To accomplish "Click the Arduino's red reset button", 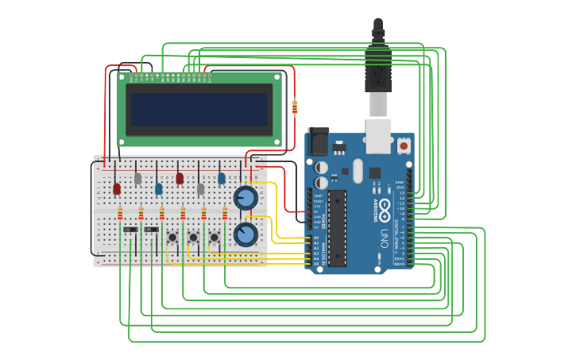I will tap(404, 145).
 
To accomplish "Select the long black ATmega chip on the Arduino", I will tap(337, 227).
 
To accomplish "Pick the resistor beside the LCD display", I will tap(295, 106).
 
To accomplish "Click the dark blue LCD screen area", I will tap(199, 110).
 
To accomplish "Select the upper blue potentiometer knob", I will tap(245, 197).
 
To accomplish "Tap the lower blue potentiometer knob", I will tap(245, 234).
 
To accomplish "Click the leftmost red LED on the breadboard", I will tap(117, 189).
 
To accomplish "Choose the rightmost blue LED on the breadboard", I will tap(222, 179).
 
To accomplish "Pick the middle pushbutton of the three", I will tap(193, 237).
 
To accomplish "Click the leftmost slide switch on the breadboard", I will tap(130, 230).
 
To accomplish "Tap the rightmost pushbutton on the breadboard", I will tap(214, 237).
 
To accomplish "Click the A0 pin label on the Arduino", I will tap(315, 238).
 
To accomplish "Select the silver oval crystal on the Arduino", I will tap(358, 170).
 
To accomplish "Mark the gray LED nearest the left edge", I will tap(137, 179).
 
